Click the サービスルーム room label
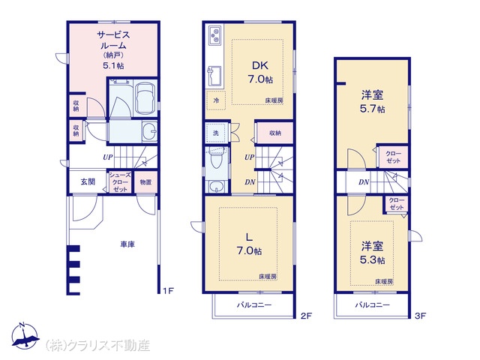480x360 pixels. (113, 40)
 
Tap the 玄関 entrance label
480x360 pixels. (88, 181)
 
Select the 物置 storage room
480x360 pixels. (146, 182)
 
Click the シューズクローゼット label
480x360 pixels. (120, 182)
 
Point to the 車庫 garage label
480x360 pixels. (127, 244)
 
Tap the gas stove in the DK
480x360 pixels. (215, 35)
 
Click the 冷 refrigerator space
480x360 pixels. (216, 100)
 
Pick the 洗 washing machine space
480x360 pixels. (217, 133)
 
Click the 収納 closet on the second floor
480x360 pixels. (275, 133)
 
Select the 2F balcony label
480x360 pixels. (254, 305)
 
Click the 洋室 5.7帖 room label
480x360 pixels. (372, 102)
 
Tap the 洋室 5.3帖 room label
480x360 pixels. (372, 253)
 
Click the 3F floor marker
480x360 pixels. (420, 315)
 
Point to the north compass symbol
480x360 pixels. (25, 336)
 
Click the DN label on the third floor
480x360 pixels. (364, 182)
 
